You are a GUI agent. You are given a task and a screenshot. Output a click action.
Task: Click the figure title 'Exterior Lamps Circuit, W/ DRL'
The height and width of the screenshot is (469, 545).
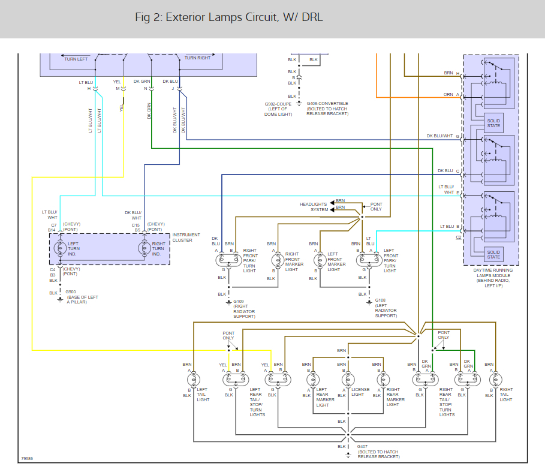pyautogui.click(x=229, y=17)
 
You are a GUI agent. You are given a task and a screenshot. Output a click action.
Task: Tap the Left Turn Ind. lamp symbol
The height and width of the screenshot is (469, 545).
pyautogui.click(x=59, y=248)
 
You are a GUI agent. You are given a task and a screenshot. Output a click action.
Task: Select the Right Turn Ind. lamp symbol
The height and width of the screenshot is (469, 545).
pyautogui.click(x=144, y=248)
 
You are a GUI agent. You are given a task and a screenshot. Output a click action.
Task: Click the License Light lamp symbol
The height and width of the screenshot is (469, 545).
pyautogui.click(x=347, y=379)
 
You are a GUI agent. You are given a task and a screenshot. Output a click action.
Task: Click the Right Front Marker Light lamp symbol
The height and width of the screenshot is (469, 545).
pyautogui.click(x=276, y=260)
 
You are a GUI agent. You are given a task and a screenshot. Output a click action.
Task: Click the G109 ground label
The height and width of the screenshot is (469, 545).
pyautogui.click(x=239, y=301)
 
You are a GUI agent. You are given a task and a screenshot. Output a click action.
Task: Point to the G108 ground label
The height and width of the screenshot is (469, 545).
pyautogui.click(x=380, y=300)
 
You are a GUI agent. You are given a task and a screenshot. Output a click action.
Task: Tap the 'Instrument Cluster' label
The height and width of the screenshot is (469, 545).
pyautogui.click(x=186, y=237)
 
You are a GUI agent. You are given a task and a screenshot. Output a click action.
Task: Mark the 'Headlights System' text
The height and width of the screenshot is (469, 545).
pyautogui.click(x=314, y=207)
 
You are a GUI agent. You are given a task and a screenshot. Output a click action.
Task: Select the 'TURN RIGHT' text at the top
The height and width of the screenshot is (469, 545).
pyautogui.click(x=198, y=58)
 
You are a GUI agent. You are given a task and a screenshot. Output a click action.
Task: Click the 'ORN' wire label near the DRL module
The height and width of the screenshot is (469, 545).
pyautogui.click(x=448, y=95)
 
